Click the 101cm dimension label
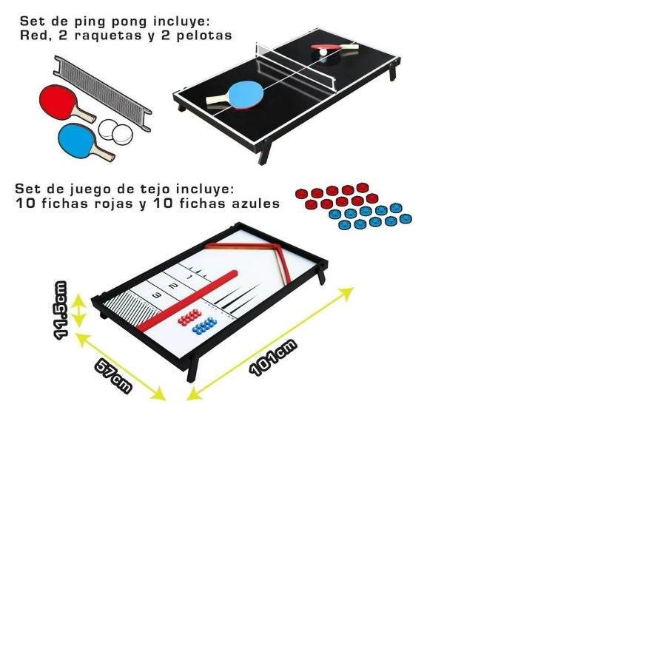273,357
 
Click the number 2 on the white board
173,286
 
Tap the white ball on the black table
323,56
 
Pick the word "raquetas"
120,34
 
